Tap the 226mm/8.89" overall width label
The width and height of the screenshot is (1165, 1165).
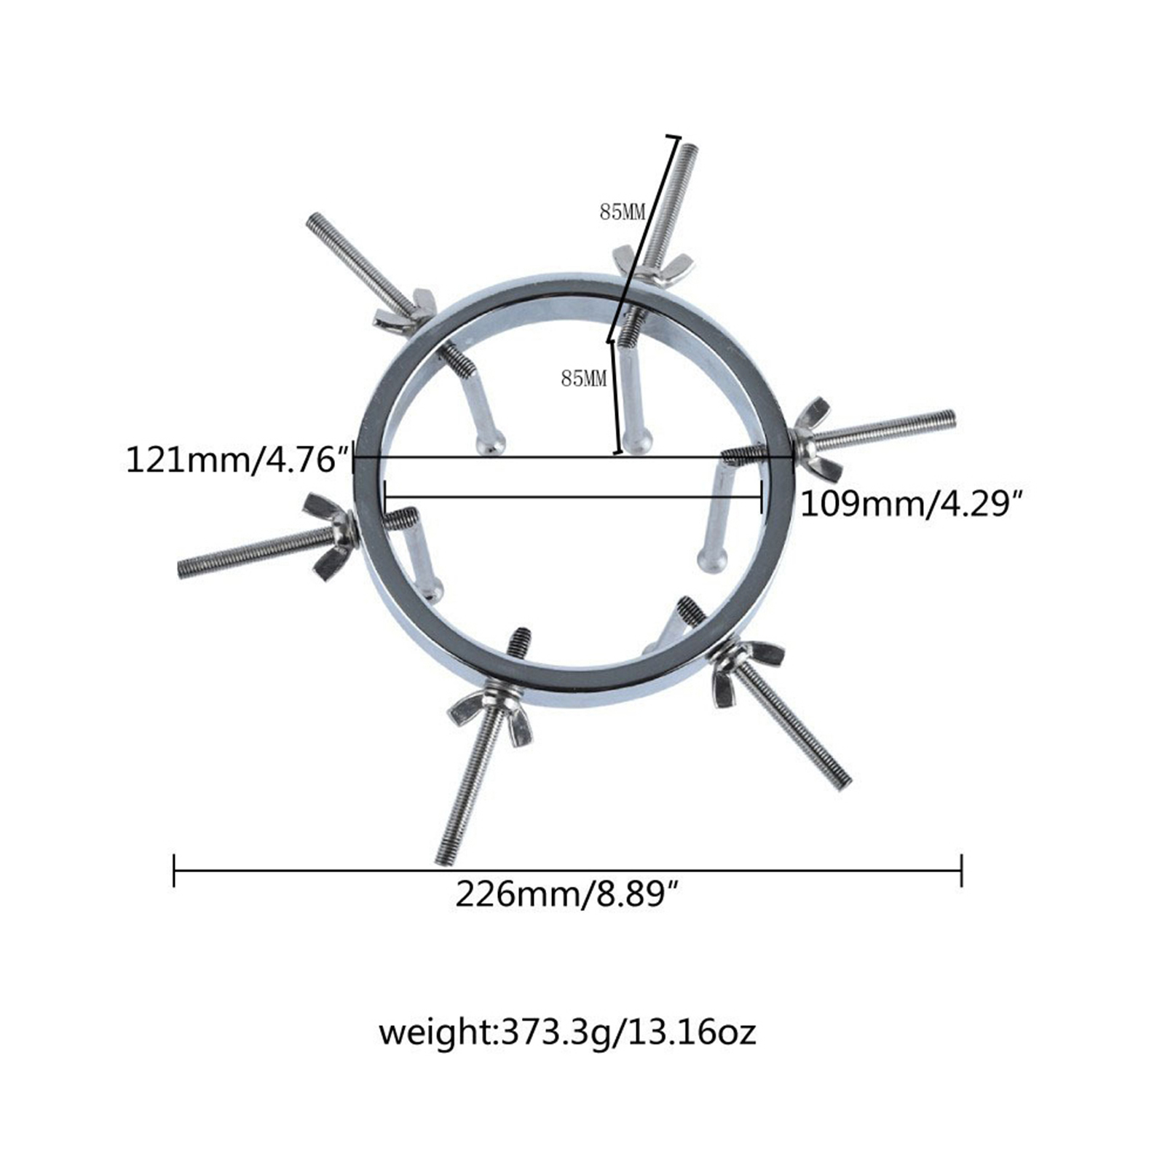[569, 893]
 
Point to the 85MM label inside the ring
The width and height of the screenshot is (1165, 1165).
[583, 379]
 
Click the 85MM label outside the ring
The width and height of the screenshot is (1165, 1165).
[623, 213]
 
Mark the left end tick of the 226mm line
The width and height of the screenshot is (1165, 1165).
[174, 870]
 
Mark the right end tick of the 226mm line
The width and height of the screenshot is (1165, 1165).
[962, 870]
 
